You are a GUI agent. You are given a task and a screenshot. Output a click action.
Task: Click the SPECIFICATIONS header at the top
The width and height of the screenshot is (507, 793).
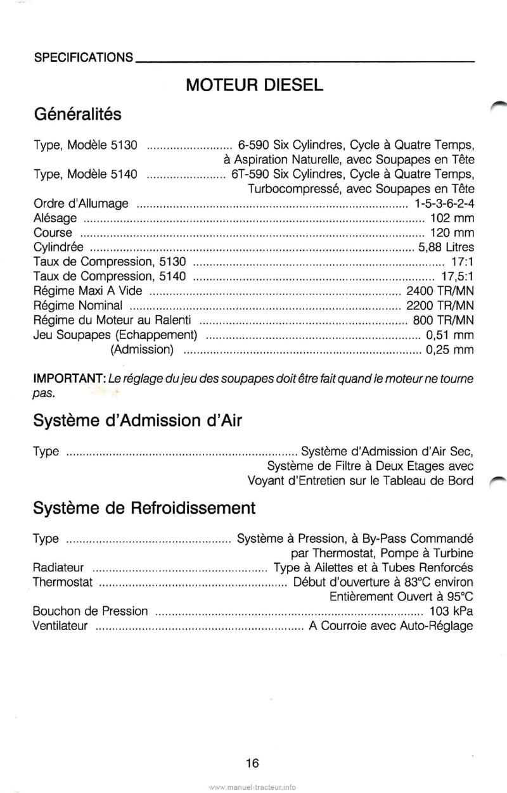[x=83, y=57]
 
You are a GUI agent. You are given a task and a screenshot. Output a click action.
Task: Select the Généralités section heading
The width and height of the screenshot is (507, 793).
[x=77, y=115]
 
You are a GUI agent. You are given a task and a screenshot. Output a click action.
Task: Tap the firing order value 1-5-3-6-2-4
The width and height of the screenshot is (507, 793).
[x=443, y=203]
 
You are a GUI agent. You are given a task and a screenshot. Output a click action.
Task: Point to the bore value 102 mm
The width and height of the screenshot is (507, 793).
[x=452, y=218]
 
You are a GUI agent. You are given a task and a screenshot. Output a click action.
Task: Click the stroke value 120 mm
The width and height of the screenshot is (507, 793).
[x=452, y=232]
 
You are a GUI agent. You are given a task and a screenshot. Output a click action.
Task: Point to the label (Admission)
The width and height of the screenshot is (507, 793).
[x=143, y=349]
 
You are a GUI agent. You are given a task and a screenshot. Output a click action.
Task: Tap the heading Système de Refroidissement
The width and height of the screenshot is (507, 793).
[x=144, y=507]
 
